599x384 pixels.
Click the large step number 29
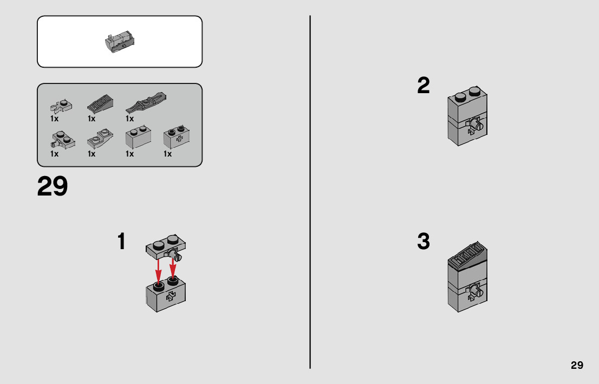tap(53, 186)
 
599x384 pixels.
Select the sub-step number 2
tap(424, 85)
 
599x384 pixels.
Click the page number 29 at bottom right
tap(577, 365)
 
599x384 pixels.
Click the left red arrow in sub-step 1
tap(158, 272)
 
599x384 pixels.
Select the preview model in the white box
tap(120, 42)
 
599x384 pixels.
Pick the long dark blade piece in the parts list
tap(146, 102)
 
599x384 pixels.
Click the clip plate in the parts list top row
tap(61, 106)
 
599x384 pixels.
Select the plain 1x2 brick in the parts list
tap(138, 138)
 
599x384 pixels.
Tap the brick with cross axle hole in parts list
tap(177, 137)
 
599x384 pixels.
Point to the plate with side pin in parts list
tap(62, 140)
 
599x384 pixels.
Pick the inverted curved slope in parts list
tap(100, 139)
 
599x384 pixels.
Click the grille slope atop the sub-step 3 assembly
tap(467, 256)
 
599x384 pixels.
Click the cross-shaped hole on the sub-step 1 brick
tap(171, 296)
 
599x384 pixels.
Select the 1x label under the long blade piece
tap(129, 119)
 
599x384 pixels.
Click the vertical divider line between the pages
tap(310, 192)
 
